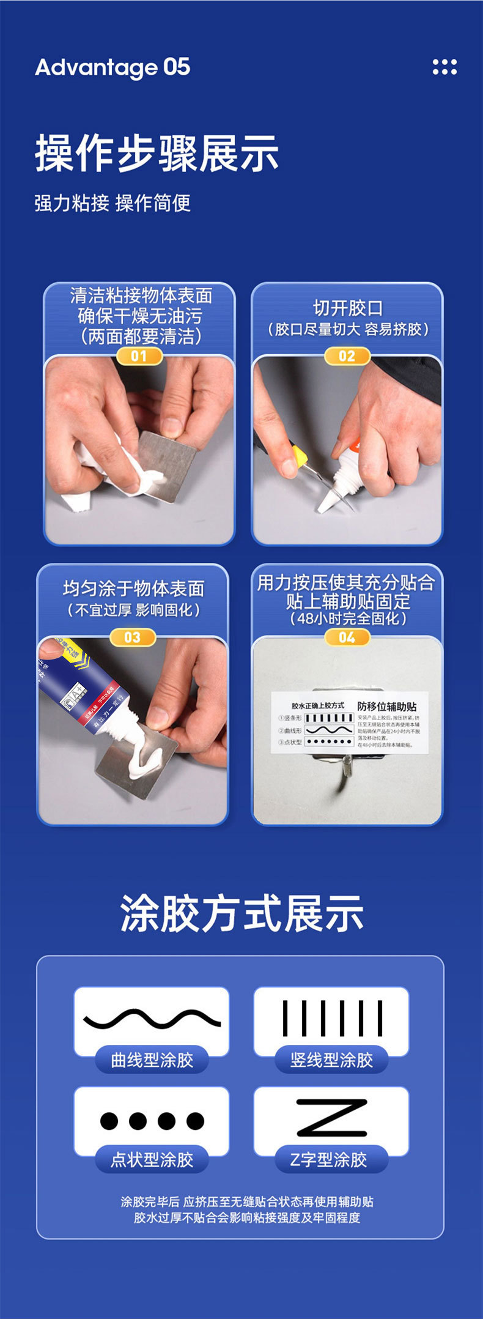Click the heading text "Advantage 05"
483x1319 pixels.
click(112, 68)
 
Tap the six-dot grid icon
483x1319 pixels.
click(444, 67)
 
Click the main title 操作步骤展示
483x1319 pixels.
click(157, 154)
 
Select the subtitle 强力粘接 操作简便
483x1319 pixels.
click(112, 203)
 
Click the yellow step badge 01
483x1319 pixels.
click(139, 356)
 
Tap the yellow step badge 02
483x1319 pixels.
click(347, 356)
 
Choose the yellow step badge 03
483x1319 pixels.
click(133, 637)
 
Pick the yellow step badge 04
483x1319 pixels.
click(347, 637)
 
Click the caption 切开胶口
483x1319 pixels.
click(347, 308)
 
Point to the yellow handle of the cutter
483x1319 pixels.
click(299, 456)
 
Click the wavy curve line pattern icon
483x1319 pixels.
click(152, 1019)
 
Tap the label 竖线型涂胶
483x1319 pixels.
click(331, 1060)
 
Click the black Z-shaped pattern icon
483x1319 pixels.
click(331, 1118)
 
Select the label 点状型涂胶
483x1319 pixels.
click(152, 1159)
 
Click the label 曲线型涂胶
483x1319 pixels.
click(152, 1060)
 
